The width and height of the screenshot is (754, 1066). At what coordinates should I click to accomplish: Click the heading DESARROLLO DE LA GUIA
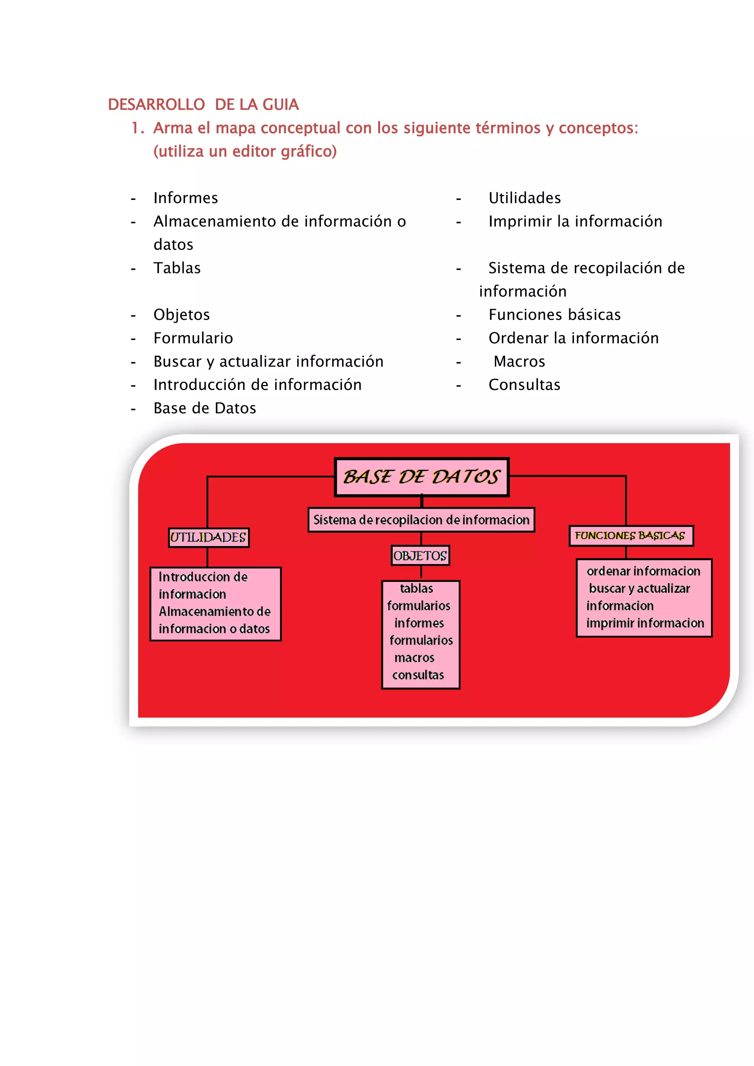tap(203, 105)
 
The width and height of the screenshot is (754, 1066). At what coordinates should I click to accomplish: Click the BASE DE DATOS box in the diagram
tap(422, 477)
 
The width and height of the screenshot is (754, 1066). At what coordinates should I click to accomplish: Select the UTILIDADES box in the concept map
tap(208, 538)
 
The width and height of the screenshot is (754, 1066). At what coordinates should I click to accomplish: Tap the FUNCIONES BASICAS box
tap(631, 536)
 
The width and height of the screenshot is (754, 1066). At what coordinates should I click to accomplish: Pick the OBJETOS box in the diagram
tap(420, 556)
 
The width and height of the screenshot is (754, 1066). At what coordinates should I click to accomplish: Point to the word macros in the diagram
tap(414, 657)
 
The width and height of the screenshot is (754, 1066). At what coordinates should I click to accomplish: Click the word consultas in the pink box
tap(418, 675)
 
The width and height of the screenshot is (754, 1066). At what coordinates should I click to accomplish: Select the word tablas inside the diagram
tap(416, 588)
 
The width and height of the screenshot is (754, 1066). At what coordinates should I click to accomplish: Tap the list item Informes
tap(186, 198)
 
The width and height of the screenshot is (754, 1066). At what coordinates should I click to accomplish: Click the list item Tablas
tap(177, 268)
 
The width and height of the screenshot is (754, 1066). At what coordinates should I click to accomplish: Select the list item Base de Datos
tap(205, 409)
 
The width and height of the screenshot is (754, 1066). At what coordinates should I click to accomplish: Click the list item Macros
tap(519, 362)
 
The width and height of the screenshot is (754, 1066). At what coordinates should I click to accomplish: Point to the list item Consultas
tap(524, 385)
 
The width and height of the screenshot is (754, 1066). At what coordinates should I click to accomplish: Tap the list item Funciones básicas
tap(554, 315)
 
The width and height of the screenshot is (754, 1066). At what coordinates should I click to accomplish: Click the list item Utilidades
tap(525, 198)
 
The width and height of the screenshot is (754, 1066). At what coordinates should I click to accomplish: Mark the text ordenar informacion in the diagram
tap(643, 571)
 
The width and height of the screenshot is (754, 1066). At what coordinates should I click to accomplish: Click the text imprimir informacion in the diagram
tap(645, 623)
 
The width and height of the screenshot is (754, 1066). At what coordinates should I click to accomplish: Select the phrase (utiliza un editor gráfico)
tap(245, 151)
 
